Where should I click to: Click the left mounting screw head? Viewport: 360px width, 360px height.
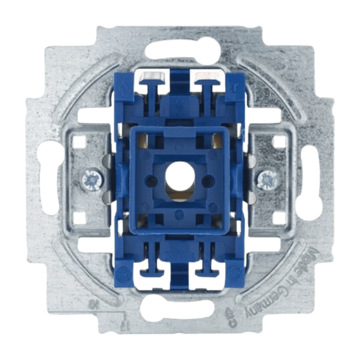(93, 180)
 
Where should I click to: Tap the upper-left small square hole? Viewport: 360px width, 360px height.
(80, 142)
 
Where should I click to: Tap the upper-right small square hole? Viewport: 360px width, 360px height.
(279, 142)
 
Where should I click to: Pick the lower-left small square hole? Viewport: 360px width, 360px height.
(80, 218)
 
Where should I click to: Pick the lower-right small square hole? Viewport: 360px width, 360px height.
(279, 218)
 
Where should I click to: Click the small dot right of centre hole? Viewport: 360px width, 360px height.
(206, 180)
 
